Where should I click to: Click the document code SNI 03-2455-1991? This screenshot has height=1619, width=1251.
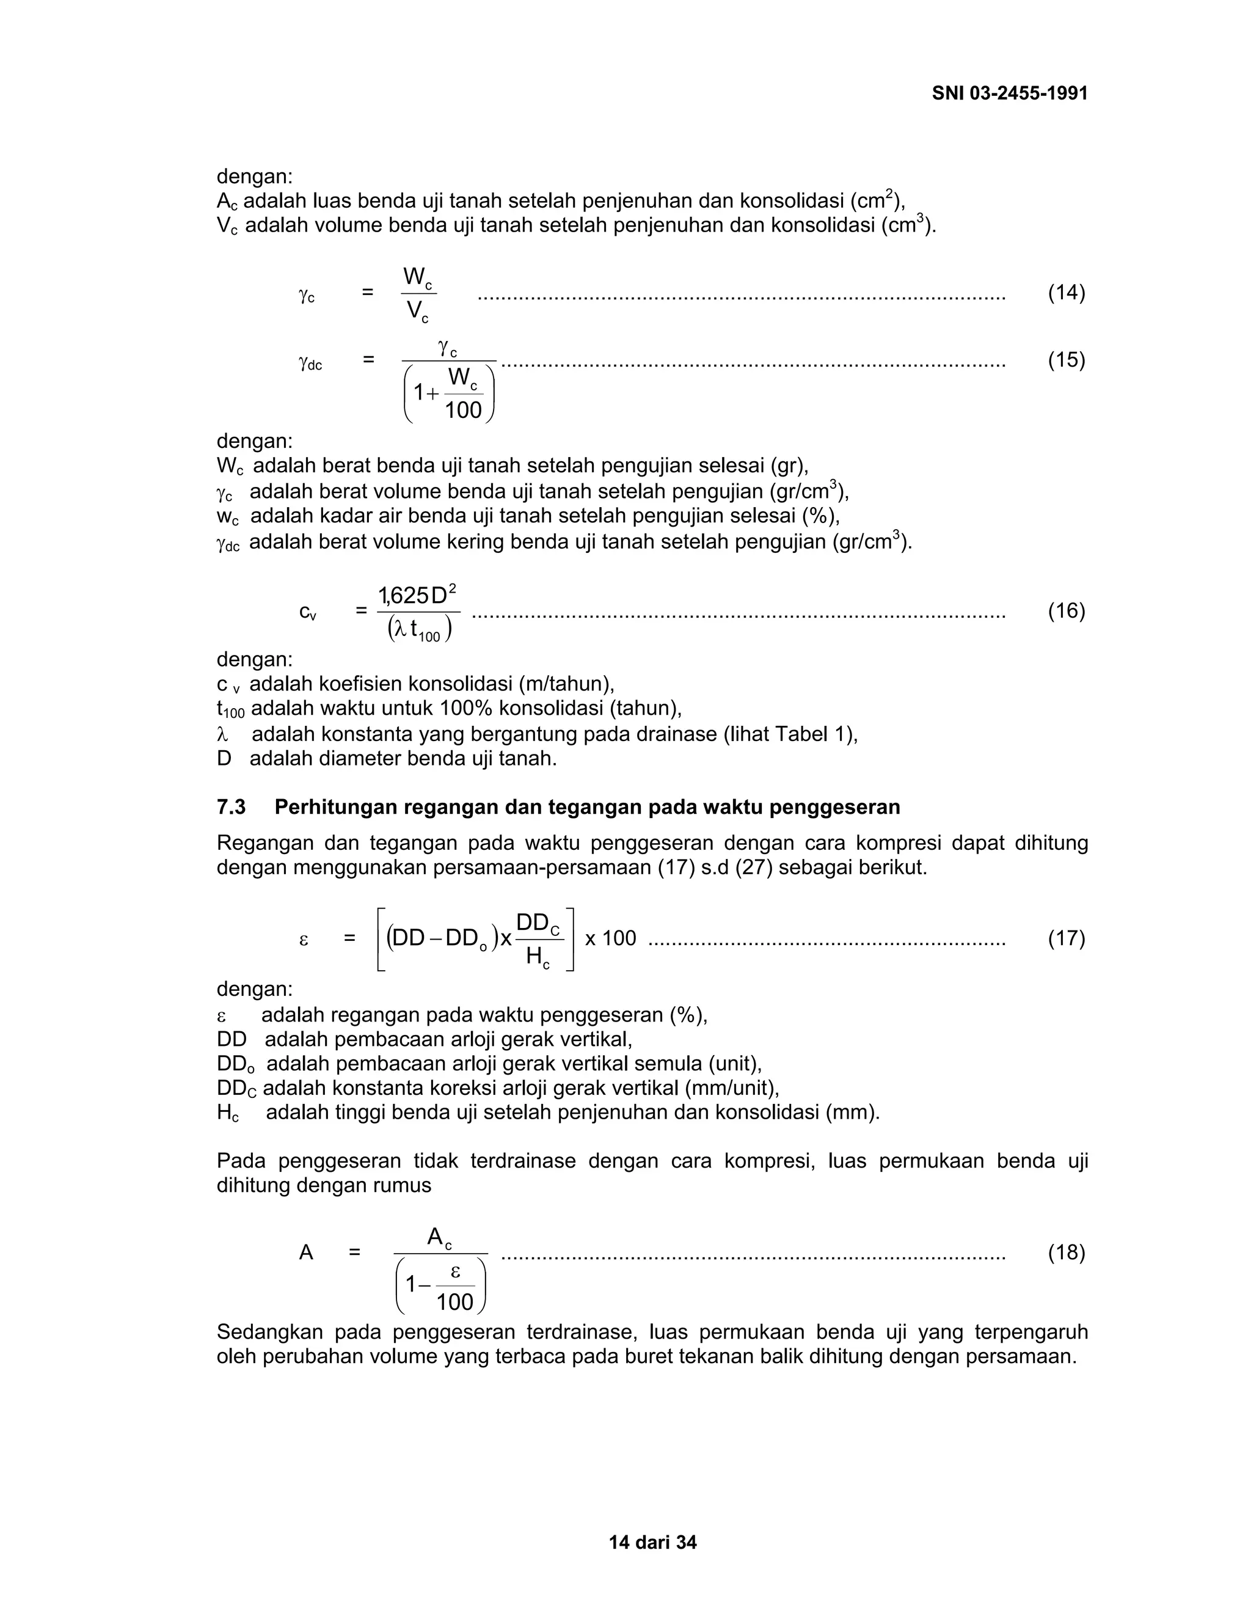[x=1009, y=93]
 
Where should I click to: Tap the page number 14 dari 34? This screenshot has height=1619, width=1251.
[x=652, y=1543]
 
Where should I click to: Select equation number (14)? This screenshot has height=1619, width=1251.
[x=1066, y=293]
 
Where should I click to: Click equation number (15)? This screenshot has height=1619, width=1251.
[x=1066, y=360]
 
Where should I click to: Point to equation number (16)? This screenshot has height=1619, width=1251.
[x=1066, y=611]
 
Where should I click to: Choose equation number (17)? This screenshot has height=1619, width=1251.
[x=1066, y=938]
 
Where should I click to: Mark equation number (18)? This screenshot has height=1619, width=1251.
[x=1066, y=1253]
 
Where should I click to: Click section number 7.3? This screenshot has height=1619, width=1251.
[x=232, y=807]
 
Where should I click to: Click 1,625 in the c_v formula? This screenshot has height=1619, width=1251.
[x=403, y=595]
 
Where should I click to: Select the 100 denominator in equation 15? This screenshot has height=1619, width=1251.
[x=463, y=410]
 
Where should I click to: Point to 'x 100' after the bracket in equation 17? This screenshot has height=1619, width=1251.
[x=611, y=938]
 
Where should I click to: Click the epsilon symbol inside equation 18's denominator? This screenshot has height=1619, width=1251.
[x=455, y=1272]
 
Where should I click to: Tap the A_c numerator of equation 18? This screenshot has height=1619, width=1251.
[x=439, y=1237]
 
